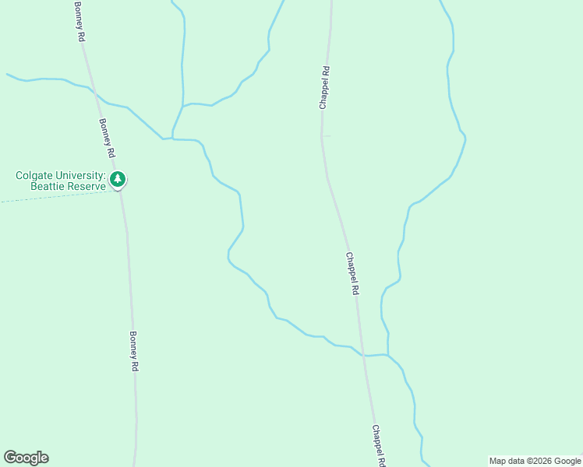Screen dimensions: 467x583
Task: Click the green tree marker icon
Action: click(118, 180)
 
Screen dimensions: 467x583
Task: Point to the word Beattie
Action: click(48, 187)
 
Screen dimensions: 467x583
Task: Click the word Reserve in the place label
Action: click(87, 187)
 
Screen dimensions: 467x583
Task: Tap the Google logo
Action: click(26, 458)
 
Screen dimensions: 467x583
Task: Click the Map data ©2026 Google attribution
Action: click(535, 461)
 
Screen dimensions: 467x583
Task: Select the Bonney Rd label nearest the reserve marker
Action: click(107, 138)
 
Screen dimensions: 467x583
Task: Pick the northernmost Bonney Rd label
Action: click(79, 21)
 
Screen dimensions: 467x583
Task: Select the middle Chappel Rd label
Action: click(352, 273)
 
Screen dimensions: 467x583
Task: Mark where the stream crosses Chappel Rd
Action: click(362, 355)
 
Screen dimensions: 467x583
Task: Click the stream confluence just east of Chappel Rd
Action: click(387, 355)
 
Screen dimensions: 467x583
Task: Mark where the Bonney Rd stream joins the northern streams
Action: click(172, 139)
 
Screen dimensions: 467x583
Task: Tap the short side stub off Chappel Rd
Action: click(327, 136)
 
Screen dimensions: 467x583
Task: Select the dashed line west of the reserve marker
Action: click(47, 197)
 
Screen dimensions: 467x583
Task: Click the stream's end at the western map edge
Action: click(8, 75)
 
